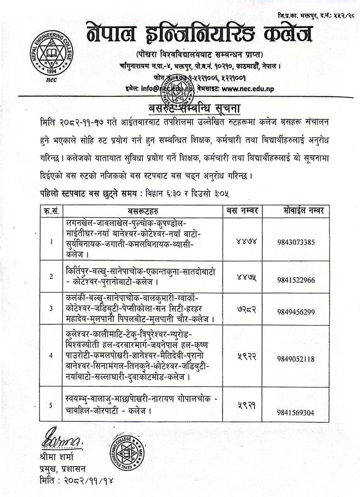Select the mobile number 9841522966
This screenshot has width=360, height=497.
point(296,280)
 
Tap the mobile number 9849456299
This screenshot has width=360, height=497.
point(296,312)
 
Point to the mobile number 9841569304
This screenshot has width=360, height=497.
point(296,413)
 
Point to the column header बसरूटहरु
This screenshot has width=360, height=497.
point(143,211)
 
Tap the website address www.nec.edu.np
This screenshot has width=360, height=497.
point(248,89)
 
